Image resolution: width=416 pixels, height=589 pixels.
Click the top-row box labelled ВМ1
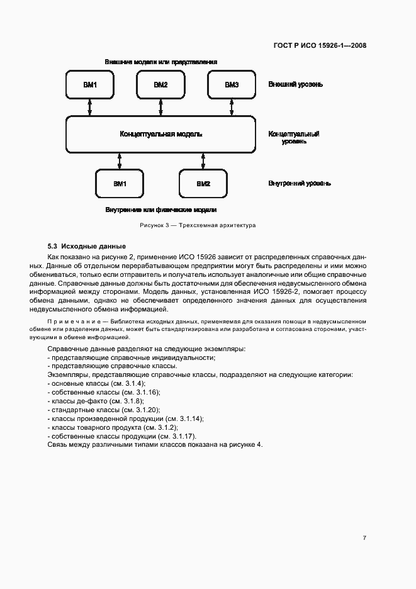[x=89, y=84]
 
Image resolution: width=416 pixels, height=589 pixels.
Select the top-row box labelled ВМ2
[x=160, y=84]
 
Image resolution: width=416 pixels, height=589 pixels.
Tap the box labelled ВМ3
[x=232, y=84]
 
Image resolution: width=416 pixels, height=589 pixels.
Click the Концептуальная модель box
[x=161, y=134]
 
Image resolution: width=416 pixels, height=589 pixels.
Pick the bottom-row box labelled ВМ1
[x=120, y=184]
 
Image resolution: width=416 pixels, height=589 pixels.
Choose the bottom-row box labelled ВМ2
[x=203, y=184]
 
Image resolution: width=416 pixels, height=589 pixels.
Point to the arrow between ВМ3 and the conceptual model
[x=232, y=108]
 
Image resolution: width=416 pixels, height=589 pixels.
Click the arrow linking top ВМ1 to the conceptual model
[x=89, y=108]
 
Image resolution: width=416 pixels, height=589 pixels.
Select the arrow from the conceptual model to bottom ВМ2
[x=203, y=161]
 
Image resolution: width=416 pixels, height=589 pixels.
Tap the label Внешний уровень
[x=296, y=84]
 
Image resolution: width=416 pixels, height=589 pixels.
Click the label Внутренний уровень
[x=300, y=184]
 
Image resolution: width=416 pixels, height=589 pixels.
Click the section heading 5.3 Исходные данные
[x=87, y=246]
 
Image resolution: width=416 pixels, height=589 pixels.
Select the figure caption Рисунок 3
[x=197, y=225]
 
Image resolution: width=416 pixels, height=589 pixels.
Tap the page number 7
[x=364, y=537]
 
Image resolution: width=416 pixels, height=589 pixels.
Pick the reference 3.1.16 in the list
[x=145, y=392]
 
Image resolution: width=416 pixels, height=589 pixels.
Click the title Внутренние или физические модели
[x=161, y=210]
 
